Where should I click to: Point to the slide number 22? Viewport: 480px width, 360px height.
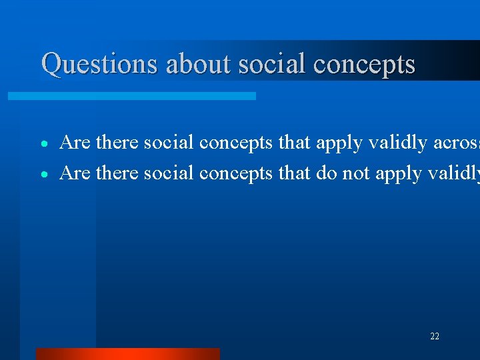coord(435,337)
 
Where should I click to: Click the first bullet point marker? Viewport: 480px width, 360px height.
coord(44,144)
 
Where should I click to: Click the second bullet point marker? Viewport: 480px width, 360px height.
coord(44,175)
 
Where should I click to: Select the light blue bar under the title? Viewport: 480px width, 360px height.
coord(131,96)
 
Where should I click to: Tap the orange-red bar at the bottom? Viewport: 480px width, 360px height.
coord(127,353)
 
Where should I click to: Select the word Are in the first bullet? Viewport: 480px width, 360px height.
coord(75,143)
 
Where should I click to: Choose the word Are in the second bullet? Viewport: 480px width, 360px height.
coord(75,173)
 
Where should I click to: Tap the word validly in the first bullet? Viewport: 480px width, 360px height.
coord(394,143)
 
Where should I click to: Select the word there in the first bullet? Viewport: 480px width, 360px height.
coord(117,143)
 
